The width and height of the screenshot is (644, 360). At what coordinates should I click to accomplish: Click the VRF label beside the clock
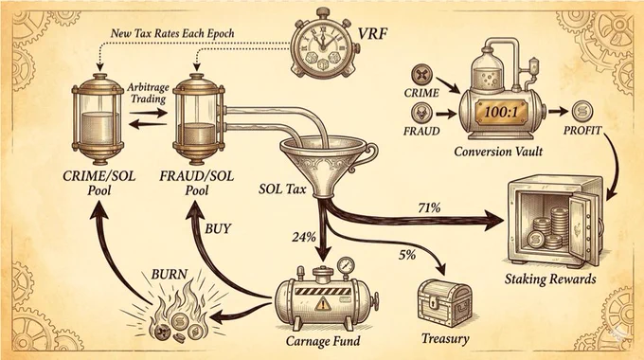373,33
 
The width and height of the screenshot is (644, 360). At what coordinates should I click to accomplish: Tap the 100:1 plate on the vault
501,112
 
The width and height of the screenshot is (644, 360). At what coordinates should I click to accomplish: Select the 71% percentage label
429,207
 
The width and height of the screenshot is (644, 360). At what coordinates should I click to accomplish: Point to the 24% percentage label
304,237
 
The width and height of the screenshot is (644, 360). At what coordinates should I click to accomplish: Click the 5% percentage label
407,255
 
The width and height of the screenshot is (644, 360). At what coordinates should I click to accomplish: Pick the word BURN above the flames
170,274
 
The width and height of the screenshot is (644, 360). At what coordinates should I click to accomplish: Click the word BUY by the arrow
218,228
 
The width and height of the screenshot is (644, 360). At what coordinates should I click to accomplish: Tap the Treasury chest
444,303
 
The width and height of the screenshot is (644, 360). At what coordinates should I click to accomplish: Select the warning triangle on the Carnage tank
323,304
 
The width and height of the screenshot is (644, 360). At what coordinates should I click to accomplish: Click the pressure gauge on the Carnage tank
347,265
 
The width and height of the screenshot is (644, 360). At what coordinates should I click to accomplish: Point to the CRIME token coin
422,75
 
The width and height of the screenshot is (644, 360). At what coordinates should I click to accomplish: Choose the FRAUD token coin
421,113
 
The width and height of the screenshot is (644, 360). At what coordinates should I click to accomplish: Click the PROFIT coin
582,112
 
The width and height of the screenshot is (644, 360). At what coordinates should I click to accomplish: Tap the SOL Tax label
282,189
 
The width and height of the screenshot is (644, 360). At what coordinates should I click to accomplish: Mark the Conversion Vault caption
498,152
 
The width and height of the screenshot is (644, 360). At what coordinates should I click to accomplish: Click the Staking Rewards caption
550,279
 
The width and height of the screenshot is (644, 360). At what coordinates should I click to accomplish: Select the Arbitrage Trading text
148,93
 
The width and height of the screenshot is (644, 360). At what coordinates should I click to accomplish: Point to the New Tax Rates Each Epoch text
172,33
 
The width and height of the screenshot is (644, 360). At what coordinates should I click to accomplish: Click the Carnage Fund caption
323,341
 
